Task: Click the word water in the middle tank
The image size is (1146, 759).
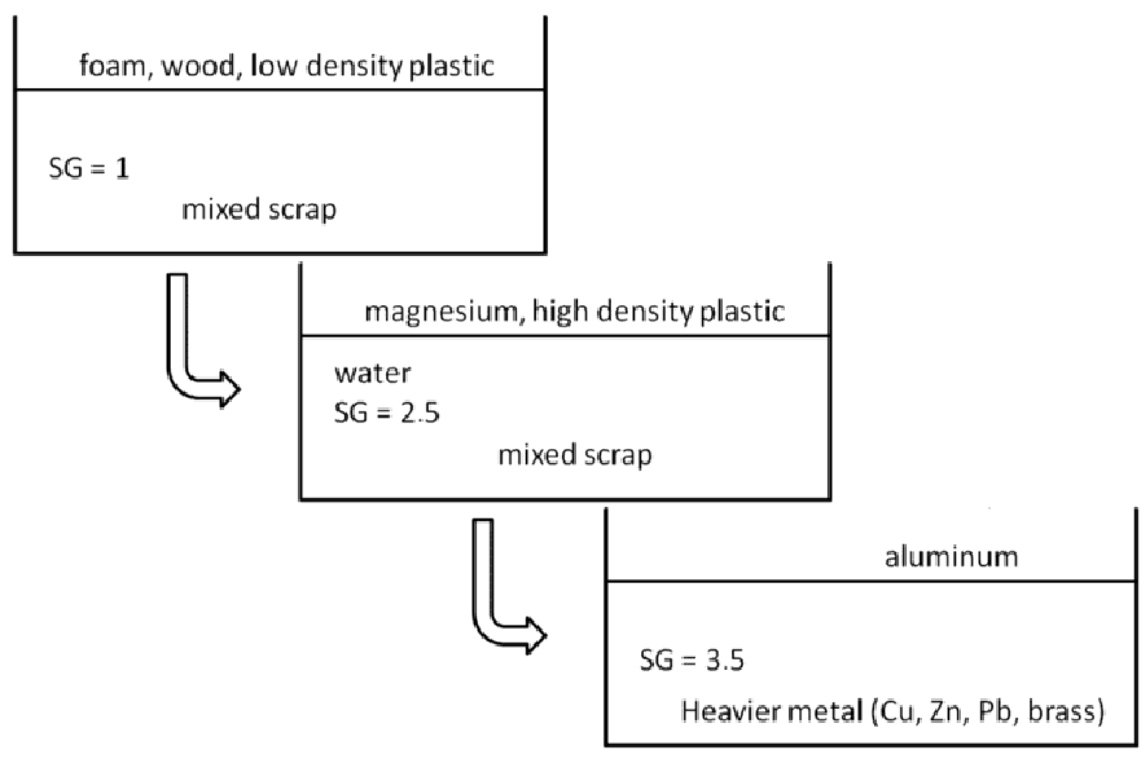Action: [x=372, y=374]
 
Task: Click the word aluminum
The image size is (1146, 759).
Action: [x=951, y=557]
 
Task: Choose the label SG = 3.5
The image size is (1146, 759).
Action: [x=692, y=660]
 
